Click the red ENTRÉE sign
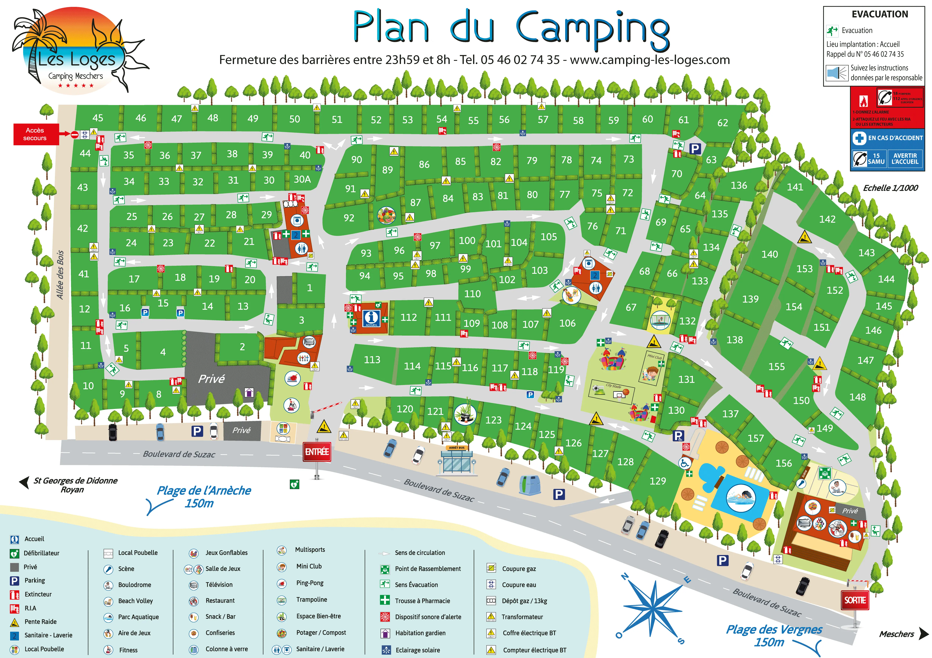point(317,451)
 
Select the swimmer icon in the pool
point(741,497)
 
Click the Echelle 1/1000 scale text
point(890,188)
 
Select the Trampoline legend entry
point(311,599)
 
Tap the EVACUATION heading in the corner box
point(880,14)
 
